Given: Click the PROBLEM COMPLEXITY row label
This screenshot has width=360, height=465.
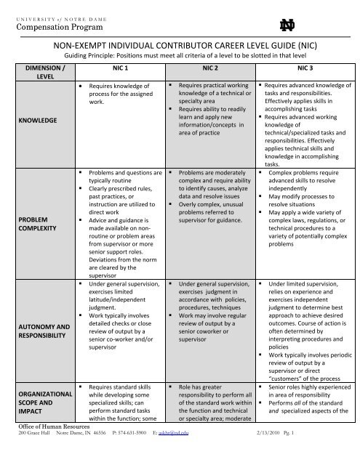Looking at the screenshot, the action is click(x=28, y=222).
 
